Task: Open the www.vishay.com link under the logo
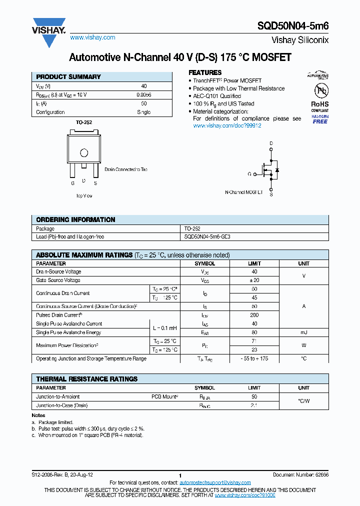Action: click(x=92, y=37)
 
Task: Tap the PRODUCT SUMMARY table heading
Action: click(x=68, y=77)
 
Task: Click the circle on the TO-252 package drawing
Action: click(x=84, y=153)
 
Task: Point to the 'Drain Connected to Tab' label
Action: click(x=126, y=169)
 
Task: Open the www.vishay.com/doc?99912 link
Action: click(x=227, y=125)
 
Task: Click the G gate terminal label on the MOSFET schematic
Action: click(x=249, y=174)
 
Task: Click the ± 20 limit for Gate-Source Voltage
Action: click(x=254, y=280)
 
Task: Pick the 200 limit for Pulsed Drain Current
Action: click(x=254, y=315)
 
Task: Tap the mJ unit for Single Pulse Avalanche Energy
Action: click(x=303, y=332)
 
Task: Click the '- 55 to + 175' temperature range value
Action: click(x=254, y=358)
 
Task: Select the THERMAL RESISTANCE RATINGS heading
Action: click(x=87, y=379)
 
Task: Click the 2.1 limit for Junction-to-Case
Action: click(x=254, y=405)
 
